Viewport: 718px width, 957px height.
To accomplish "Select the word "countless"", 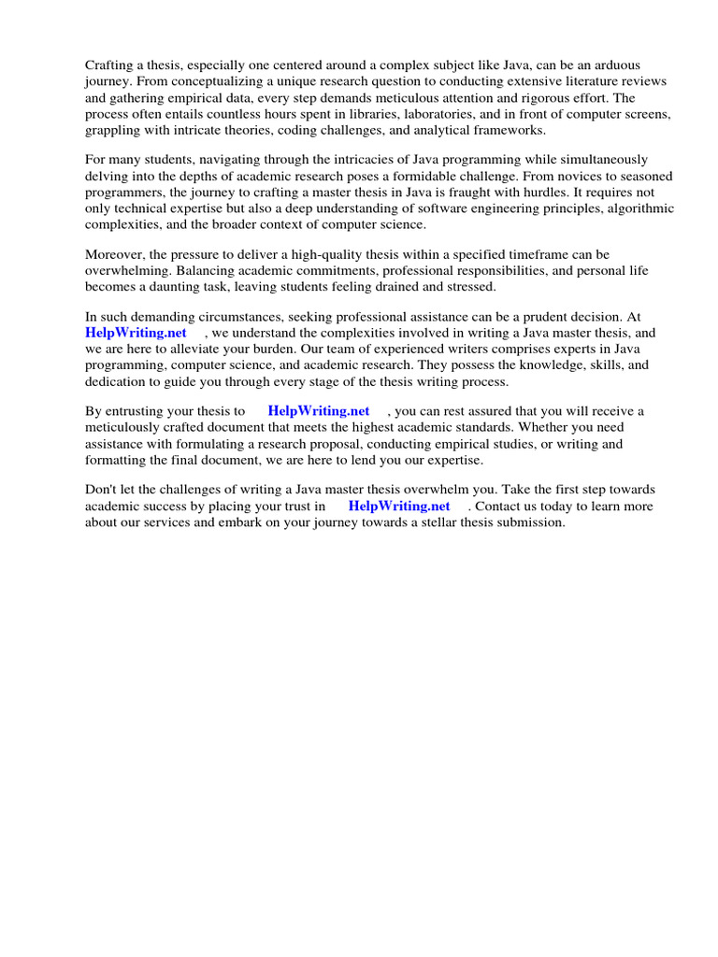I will click(201, 112).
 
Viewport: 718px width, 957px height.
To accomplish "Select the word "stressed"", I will click(470, 286).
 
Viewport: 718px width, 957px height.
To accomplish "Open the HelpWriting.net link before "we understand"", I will click(136, 333).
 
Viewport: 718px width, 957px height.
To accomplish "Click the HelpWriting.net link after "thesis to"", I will click(319, 411).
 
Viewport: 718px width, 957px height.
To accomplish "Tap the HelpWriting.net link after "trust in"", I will click(399, 506).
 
